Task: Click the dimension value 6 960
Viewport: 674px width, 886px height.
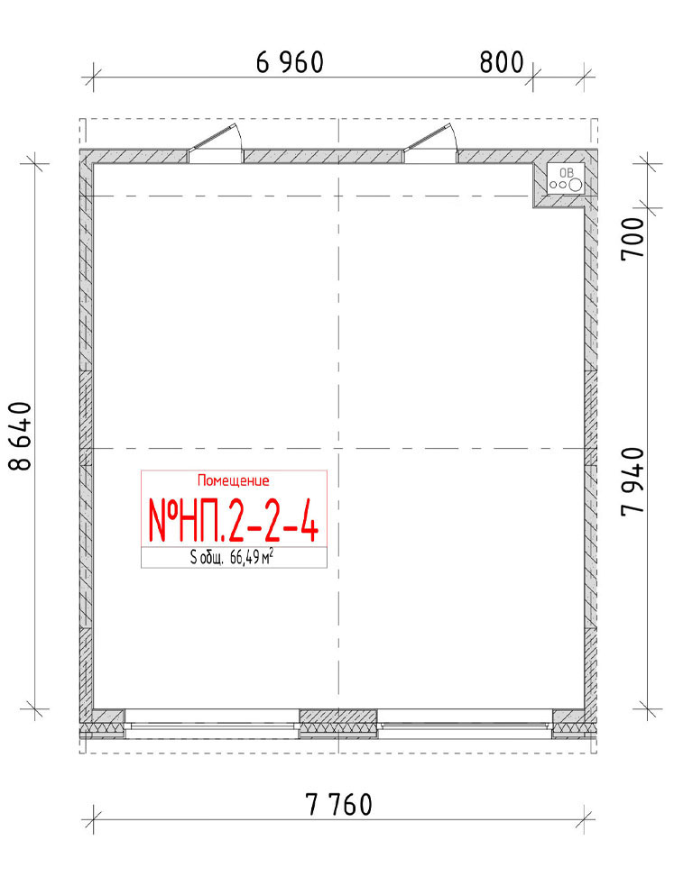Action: [290, 62]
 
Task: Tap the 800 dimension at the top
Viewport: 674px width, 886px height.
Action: [502, 62]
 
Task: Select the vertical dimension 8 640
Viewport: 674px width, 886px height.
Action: [21, 435]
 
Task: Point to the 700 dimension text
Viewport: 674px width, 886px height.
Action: [632, 239]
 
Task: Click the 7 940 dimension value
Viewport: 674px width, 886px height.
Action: [632, 481]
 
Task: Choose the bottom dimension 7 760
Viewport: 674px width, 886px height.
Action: [339, 805]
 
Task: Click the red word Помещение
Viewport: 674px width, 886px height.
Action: [234, 481]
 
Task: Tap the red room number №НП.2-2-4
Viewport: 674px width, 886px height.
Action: [234, 520]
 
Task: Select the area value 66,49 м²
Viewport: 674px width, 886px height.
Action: [252, 558]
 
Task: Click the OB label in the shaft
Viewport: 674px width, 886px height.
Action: [566, 172]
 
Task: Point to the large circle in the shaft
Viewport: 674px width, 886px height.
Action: [576, 184]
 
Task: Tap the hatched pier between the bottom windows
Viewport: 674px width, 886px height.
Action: [338, 724]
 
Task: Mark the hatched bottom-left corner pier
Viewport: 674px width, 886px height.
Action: [102, 724]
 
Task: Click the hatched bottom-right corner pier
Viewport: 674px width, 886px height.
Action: [575, 724]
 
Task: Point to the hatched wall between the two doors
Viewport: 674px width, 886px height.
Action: [323, 157]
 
